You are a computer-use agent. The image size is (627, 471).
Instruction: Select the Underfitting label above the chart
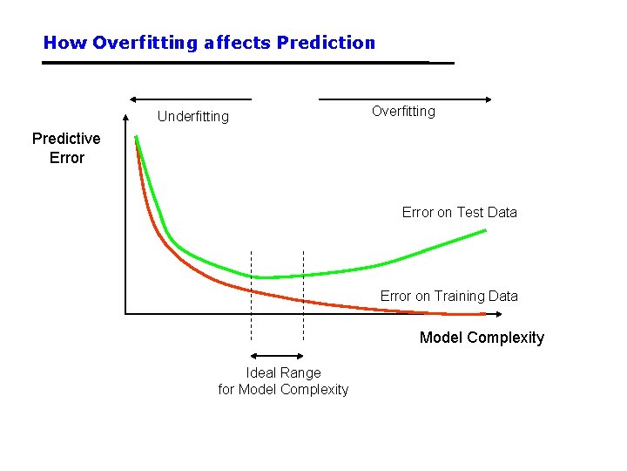coord(193,117)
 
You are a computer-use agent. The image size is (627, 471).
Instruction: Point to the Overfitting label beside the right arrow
coord(403,111)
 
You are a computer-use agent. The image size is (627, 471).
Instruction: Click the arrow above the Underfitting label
coord(190,99)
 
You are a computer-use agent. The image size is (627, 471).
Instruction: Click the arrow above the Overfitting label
coord(407,99)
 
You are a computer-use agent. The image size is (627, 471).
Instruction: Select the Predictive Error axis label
coord(66,148)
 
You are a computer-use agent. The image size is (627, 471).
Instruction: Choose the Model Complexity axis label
coord(482,338)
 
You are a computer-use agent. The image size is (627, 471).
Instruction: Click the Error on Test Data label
coord(459,212)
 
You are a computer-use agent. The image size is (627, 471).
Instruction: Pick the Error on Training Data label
coord(448,296)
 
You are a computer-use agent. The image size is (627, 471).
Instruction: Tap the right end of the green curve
coord(485,230)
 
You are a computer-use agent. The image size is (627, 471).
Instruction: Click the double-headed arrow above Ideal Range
coord(277,356)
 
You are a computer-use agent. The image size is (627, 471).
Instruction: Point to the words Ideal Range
coord(283,372)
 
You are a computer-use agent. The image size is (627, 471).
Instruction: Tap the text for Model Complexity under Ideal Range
coord(283,389)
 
